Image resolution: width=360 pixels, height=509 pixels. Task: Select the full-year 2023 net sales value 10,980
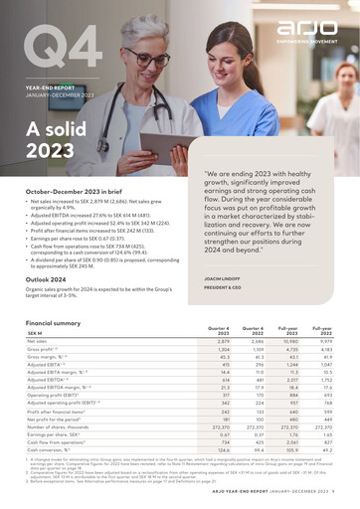pyautogui.click(x=287, y=341)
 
